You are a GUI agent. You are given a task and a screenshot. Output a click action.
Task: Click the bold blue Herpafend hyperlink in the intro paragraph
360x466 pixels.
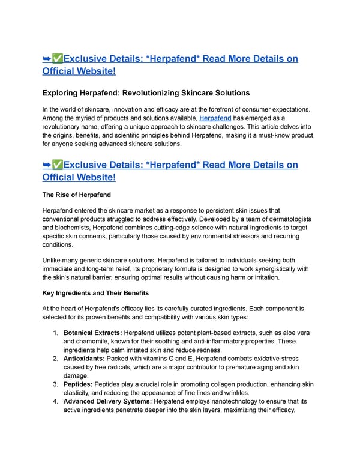pyautogui.click(x=215, y=119)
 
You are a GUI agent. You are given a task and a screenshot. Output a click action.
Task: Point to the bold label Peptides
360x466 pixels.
pyautogui.click(x=80, y=384)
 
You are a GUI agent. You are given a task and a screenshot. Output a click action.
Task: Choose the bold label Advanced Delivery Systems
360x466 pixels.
pyautogui.click(x=107, y=401)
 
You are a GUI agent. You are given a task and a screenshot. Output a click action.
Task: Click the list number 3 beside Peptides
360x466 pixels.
pyautogui.click(x=55, y=384)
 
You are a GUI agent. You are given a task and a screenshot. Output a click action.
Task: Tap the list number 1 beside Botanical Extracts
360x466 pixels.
pyautogui.click(x=55, y=332)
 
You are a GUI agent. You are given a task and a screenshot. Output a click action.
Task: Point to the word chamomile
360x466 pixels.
pyautogui.click(x=94, y=341)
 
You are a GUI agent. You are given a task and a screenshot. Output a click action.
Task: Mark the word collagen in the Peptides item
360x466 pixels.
pyautogui.click(x=224, y=384)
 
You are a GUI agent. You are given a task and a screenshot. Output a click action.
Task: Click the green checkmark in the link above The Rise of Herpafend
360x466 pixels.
pyautogui.click(x=58, y=165)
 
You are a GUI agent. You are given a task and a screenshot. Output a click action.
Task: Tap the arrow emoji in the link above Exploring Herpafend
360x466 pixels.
pyautogui.click(x=47, y=58)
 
